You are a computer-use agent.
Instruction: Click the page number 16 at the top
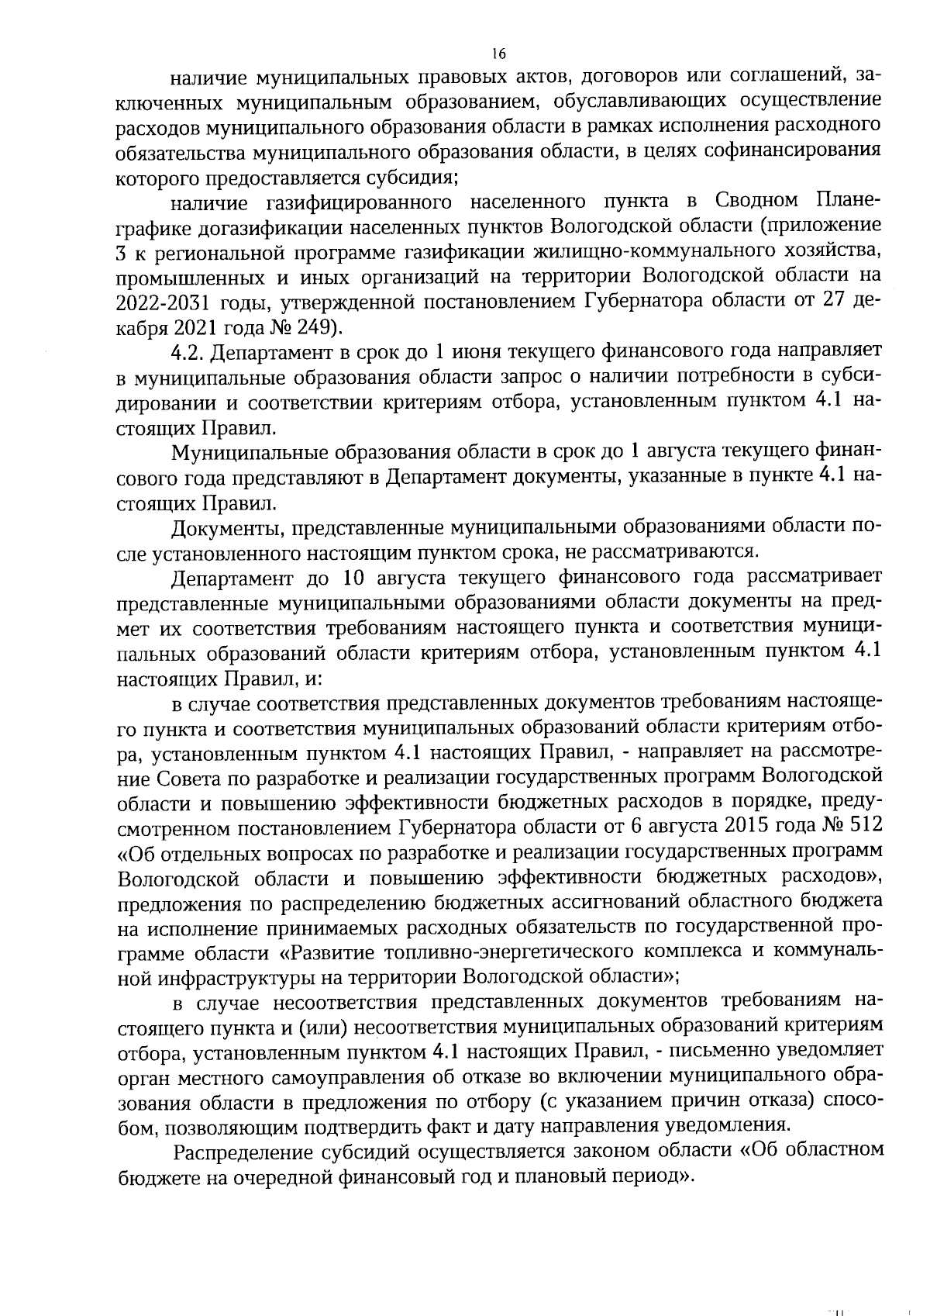tap(498, 54)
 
